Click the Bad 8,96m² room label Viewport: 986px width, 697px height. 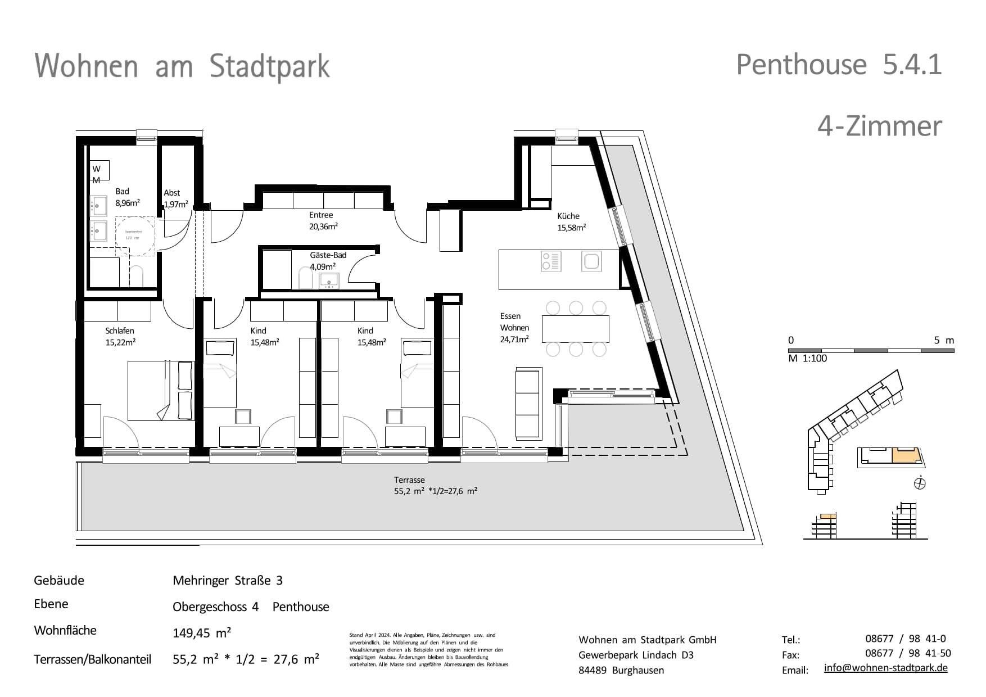pos(127,197)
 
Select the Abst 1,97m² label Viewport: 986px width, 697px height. pos(175,198)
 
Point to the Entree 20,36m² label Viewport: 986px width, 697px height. pos(323,221)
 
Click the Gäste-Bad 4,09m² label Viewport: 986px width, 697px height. pos(328,260)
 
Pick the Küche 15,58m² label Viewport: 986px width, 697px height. pos(571,221)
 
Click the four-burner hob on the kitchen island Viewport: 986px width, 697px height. pos(551,261)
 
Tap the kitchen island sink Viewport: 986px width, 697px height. pos(592,261)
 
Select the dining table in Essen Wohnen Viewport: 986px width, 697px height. pos(576,329)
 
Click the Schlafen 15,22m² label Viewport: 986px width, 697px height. pos(120,336)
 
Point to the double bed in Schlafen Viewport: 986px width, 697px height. pos(161,391)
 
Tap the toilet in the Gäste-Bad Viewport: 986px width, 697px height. pos(305,278)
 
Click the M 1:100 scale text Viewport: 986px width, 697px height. pos(807,359)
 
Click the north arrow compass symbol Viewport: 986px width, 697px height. pos(920,483)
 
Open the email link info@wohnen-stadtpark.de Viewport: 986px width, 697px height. pos(885,668)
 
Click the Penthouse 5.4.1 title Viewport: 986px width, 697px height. pos(838,65)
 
